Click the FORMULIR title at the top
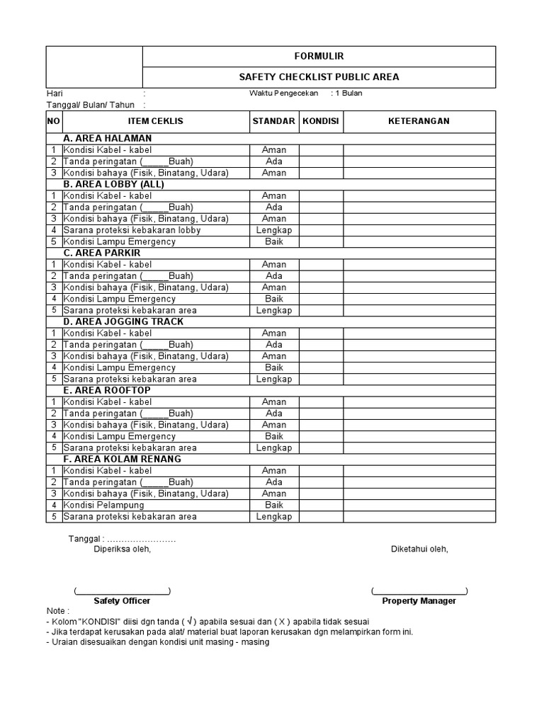pyautogui.click(x=319, y=56)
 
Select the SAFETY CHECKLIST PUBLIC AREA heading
pyautogui.click(x=319, y=77)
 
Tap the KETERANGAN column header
pyautogui.click(x=419, y=121)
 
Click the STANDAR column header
pyautogui.click(x=273, y=121)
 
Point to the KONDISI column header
pyautogui.click(x=321, y=121)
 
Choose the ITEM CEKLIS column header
pyautogui.click(x=155, y=121)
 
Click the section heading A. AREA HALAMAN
pyautogui.click(x=108, y=138)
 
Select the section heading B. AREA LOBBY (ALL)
pyautogui.click(x=113, y=184)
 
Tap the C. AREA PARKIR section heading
pyautogui.click(x=102, y=253)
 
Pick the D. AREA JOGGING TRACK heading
pyautogui.click(x=123, y=321)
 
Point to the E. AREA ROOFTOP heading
pyautogui.click(x=107, y=390)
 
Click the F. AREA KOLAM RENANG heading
pyautogui.click(x=122, y=459)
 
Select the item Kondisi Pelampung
pyautogui.click(x=103, y=505)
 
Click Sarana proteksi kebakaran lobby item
pyautogui.click(x=132, y=230)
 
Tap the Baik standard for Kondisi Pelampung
pyautogui.click(x=273, y=505)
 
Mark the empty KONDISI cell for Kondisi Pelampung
pyautogui.click(x=321, y=505)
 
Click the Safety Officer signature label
pyautogui.click(x=122, y=601)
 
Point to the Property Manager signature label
pyautogui.click(x=419, y=601)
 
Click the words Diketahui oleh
pyautogui.click(x=419, y=549)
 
